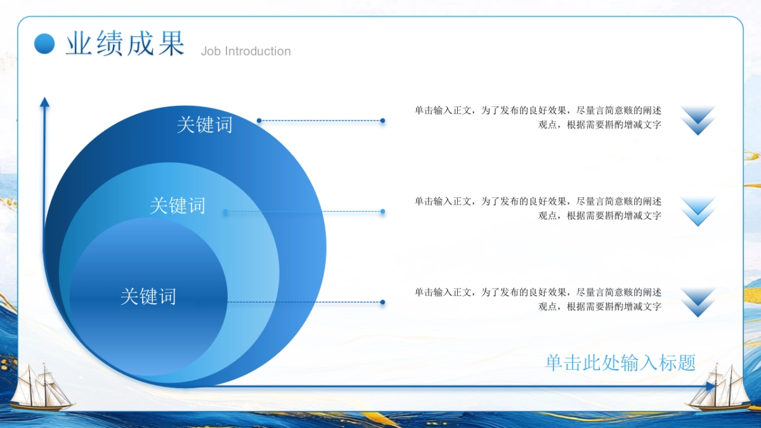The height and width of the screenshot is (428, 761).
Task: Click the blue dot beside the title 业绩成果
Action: (x=44, y=44)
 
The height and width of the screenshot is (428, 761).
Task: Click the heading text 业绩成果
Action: (x=126, y=44)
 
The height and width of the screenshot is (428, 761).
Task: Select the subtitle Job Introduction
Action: (x=246, y=51)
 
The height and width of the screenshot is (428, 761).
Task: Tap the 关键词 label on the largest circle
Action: (x=204, y=125)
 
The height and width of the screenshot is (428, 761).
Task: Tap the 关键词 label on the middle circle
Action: (x=178, y=205)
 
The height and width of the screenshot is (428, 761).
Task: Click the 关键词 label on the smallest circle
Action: (x=148, y=297)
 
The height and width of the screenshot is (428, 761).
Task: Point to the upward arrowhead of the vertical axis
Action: (x=44, y=102)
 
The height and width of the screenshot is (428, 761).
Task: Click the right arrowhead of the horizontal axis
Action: (x=710, y=386)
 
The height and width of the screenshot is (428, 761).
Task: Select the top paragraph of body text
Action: (x=538, y=117)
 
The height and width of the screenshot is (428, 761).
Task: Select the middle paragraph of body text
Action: (x=538, y=208)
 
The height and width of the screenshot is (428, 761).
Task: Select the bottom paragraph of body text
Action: (x=538, y=299)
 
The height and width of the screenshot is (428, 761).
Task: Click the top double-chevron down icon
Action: (x=698, y=120)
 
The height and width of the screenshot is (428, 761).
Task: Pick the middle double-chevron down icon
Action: (x=698, y=211)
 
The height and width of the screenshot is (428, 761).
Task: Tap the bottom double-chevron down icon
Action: (x=698, y=302)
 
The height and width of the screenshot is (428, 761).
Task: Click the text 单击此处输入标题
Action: (x=620, y=363)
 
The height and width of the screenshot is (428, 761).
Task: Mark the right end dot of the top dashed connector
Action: (x=382, y=120)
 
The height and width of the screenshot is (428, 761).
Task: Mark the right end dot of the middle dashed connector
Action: (x=382, y=211)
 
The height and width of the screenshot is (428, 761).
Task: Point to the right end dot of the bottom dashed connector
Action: (x=382, y=302)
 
